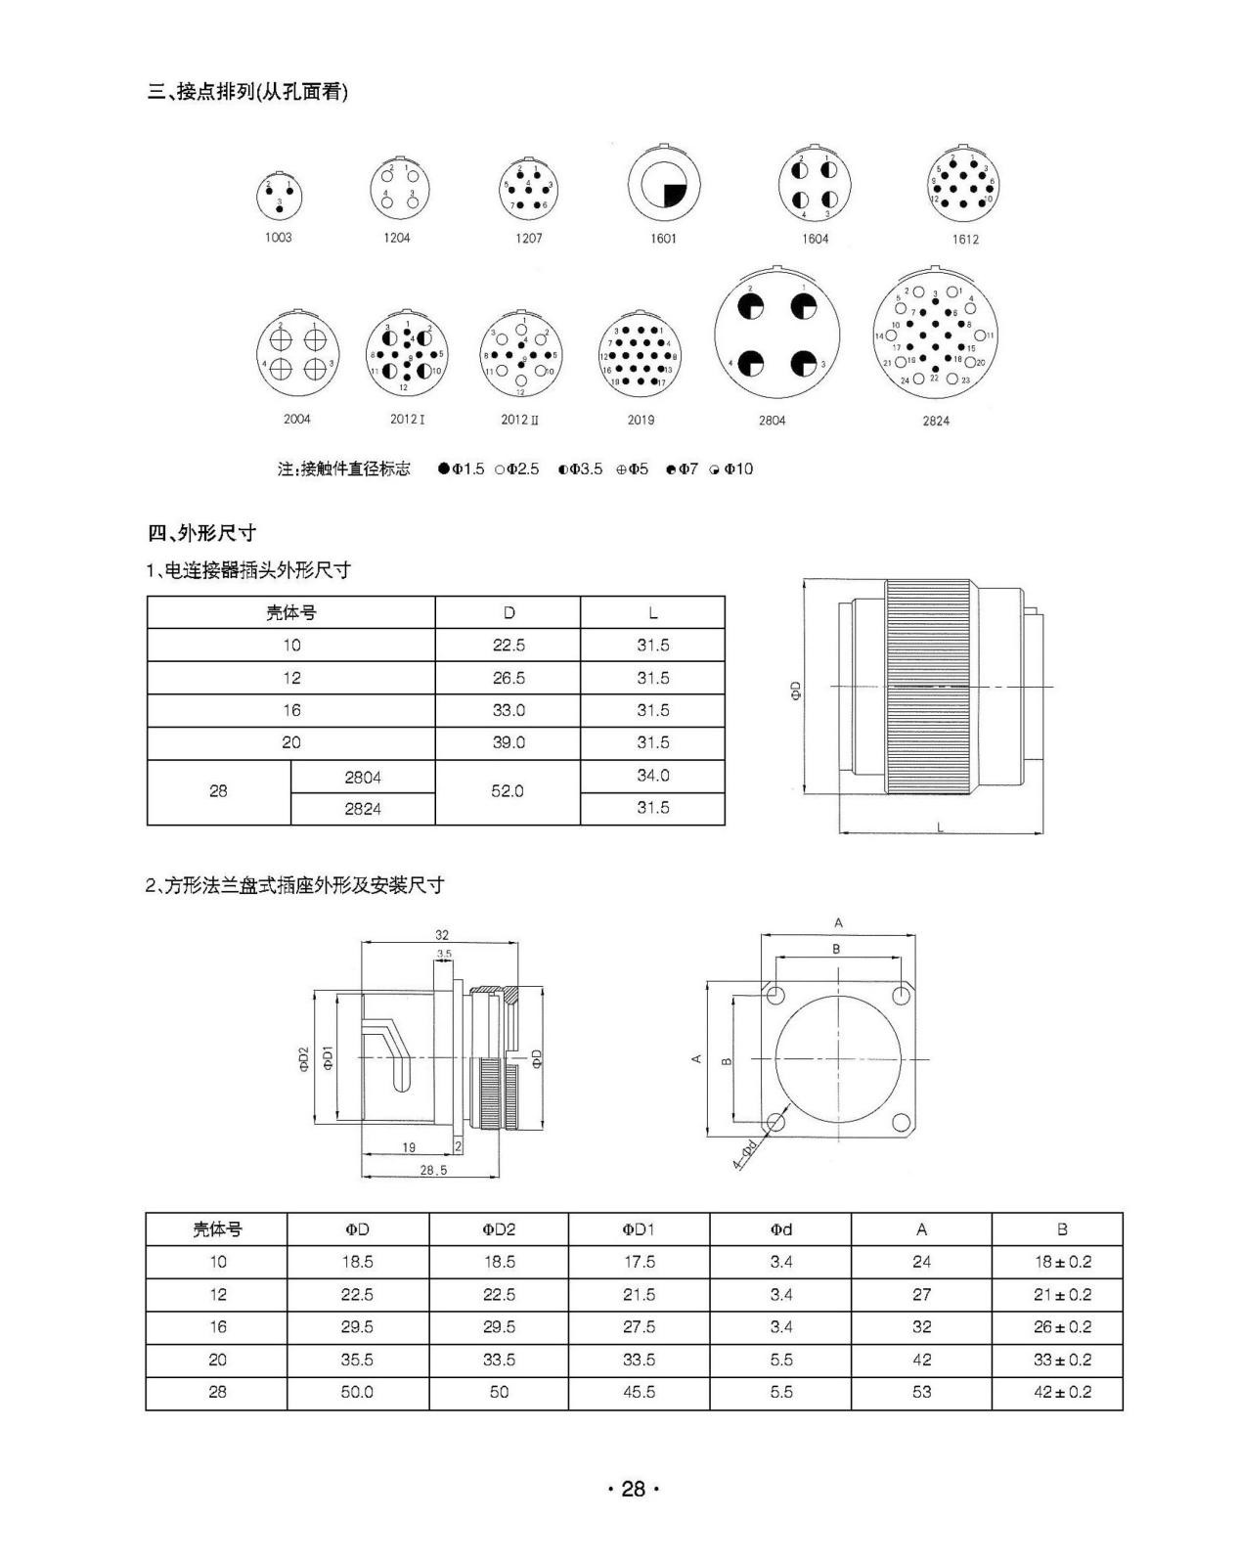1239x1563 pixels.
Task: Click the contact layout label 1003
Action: [x=278, y=238]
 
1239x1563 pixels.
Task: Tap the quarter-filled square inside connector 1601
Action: [x=675, y=193]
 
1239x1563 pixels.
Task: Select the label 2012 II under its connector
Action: [x=519, y=420]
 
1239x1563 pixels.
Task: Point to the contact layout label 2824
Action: [x=935, y=421]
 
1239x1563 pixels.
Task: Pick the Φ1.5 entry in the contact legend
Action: [x=462, y=469]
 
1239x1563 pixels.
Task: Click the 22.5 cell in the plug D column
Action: [x=508, y=646]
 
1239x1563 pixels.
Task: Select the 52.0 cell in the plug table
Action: [x=508, y=791]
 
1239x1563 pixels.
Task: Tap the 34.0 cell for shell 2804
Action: [x=652, y=776]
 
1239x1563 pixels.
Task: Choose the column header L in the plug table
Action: [x=652, y=613]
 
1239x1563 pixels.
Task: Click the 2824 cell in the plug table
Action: [x=363, y=809]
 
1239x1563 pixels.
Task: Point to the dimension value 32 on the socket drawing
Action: [x=442, y=935]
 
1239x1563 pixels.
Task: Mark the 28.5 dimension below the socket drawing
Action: [x=432, y=1170]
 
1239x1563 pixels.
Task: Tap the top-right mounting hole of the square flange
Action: [x=901, y=997]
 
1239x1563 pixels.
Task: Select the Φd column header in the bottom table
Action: [x=780, y=1229]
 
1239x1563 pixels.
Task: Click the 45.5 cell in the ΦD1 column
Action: [x=639, y=1392]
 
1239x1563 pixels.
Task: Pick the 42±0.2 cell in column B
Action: [x=1061, y=1392]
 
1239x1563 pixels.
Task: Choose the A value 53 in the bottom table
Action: [x=921, y=1392]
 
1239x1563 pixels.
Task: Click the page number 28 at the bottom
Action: [x=633, y=1489]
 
